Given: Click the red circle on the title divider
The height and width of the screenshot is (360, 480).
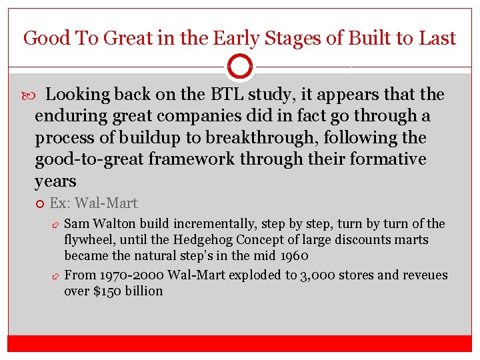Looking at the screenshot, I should coord(239,67).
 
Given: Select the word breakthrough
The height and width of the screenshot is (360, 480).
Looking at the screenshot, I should coord(283,138).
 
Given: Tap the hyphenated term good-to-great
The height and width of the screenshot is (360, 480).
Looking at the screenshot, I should coord(87,160).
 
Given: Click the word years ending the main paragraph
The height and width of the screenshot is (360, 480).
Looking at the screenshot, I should coord(55,181).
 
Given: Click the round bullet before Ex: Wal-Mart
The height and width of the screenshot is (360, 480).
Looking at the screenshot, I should coord(39,203).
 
